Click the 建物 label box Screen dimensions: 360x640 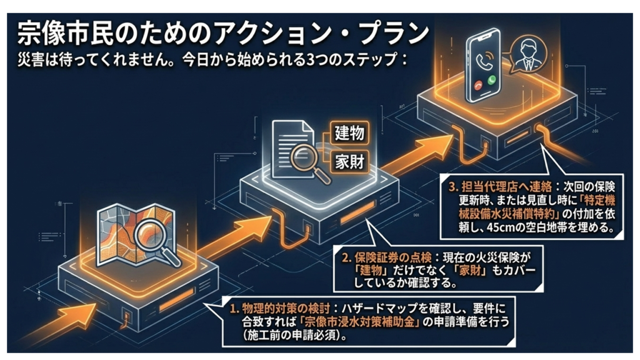350,133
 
